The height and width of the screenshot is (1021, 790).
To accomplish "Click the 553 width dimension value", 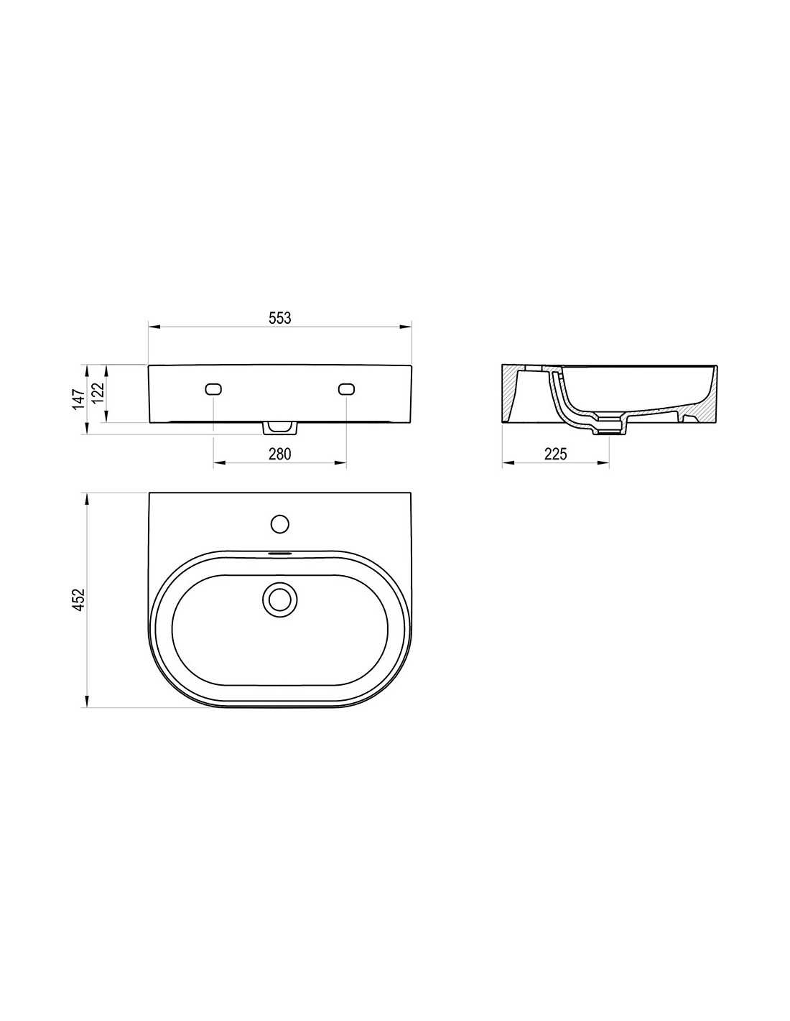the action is [279, 318].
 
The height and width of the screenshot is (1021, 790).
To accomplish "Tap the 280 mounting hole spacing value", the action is [279, 453].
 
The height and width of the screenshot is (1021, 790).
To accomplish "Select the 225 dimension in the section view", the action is [555, 453].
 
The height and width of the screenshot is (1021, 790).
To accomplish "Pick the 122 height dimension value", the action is [98, 393].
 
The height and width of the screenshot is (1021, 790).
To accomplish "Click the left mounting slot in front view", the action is [213, 389].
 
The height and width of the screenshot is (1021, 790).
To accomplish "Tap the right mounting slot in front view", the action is [346, 389].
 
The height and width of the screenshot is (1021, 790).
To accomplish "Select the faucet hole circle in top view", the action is [280, 524].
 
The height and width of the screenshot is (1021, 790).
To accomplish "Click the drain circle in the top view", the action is [279, 600].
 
